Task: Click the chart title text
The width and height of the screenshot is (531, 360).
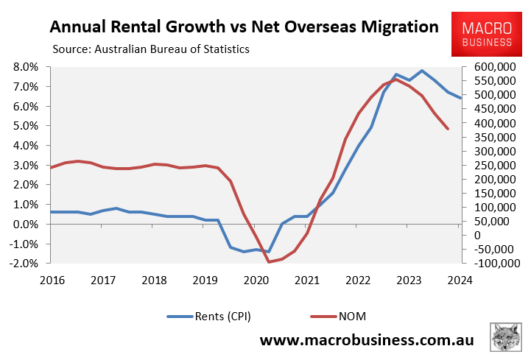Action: coord(243,28)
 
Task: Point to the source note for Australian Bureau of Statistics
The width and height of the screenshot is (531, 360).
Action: coord(151,49)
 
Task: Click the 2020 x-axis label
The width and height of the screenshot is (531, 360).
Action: coord(256,280)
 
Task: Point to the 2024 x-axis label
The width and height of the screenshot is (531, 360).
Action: coord(460,280)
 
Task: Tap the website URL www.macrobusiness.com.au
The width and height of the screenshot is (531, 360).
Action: coord(367,342)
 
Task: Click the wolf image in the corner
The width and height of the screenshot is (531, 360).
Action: coord(507,338)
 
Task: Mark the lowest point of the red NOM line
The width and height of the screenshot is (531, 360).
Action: coord(269,261)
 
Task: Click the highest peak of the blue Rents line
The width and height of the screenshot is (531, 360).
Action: coord(422,71)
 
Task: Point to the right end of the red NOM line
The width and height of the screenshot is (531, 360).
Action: coord(447,129)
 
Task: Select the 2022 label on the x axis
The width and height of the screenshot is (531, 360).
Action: coord(358,280)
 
